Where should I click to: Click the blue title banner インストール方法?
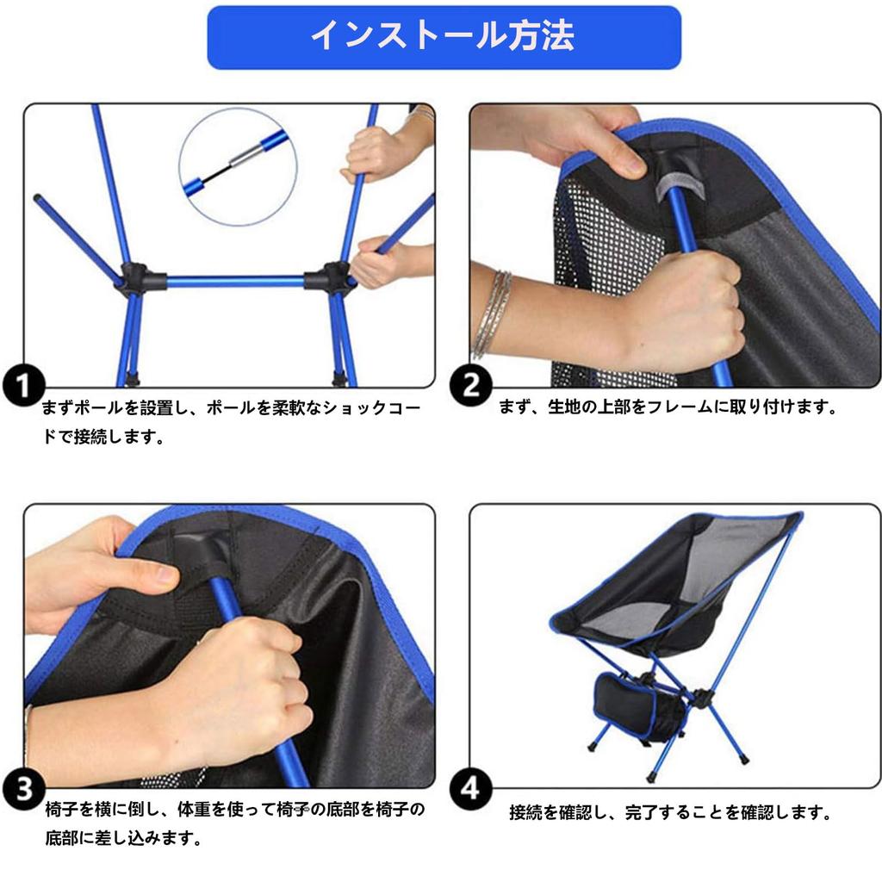pyautogui.click(x=444, y=37)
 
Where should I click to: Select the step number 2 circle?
pyautogui.click(x=471, y=385)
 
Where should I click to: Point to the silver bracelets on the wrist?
pyautogui.click(x=493, y=314)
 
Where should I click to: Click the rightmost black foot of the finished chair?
pyautogui.click(x=742, y=760)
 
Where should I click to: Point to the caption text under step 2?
pyautogui.click(x=668, y=407)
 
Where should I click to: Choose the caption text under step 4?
pyautogui.click(x=669, y=812)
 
